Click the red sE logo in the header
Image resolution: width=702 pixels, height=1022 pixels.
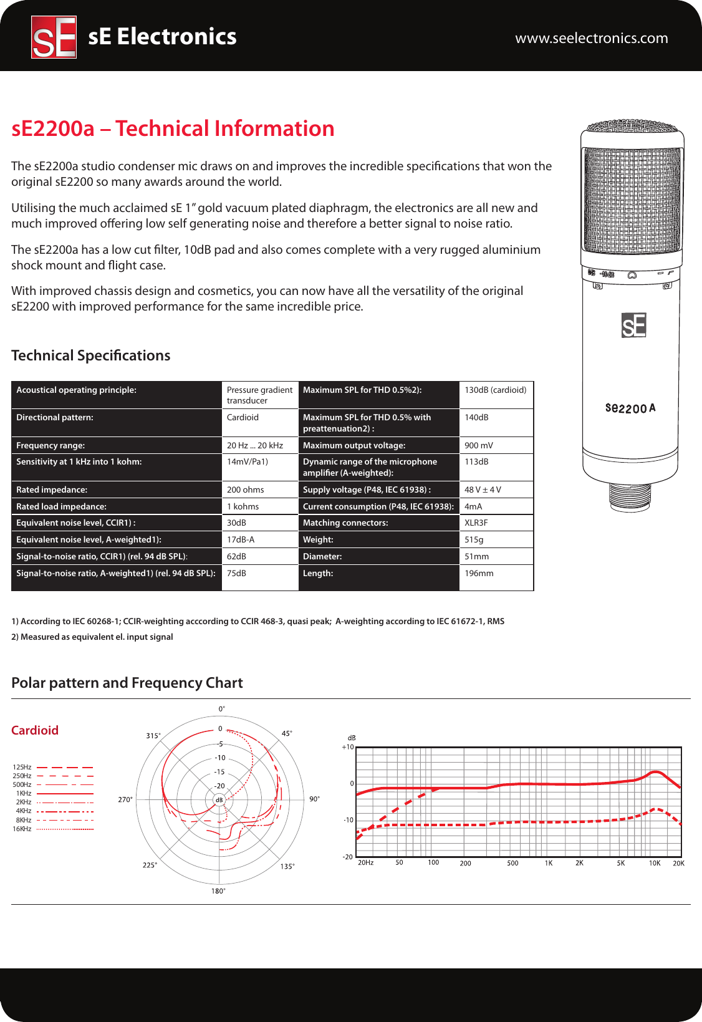54,37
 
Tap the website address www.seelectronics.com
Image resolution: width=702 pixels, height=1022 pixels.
591,38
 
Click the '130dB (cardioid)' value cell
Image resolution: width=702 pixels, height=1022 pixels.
495,390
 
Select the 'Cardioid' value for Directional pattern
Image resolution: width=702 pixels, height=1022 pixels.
243,418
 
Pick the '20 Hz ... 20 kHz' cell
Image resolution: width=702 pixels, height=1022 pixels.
254,445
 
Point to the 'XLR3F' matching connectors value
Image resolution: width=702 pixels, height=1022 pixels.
476,523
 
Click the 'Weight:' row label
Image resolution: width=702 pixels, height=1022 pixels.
318,540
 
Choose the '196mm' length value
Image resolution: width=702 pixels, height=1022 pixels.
479,574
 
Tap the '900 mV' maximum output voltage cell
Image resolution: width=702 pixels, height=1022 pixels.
478,445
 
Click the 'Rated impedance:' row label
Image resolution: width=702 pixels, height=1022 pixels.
52,490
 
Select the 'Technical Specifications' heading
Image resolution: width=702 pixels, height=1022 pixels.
91,355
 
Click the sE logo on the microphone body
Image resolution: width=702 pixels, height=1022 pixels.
633,325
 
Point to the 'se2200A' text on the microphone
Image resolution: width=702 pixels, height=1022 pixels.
630,408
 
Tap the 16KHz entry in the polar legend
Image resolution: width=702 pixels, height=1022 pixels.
22,829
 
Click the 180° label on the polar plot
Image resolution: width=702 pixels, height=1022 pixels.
218,891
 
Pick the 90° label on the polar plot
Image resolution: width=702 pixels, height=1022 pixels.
315,799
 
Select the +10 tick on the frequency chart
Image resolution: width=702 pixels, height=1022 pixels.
348,747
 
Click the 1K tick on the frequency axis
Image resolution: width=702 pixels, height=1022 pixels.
549,863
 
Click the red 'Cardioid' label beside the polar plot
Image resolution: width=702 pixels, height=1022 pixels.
35,730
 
